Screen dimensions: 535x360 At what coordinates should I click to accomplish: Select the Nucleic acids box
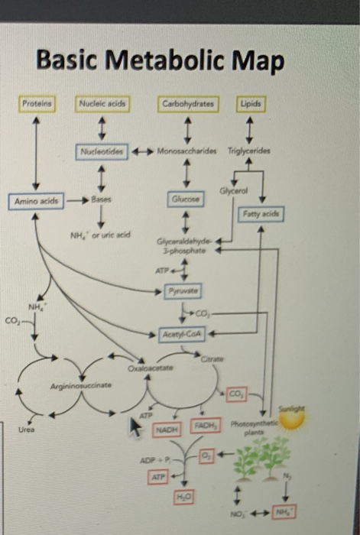102,102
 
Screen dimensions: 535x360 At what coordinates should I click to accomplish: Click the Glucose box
188,198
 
